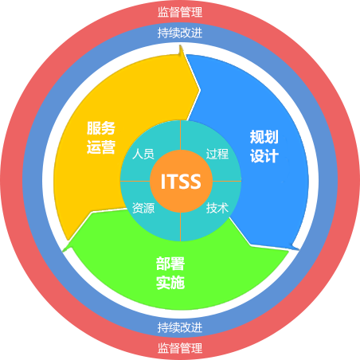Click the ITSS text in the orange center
point(181,182)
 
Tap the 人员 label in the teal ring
point(143,154)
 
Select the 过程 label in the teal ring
point(217,154)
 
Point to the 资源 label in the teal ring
point(143,208)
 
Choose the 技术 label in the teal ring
point(217,208)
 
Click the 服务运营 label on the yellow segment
point(101,138)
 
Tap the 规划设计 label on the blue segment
point(264,147)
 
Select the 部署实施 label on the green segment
point(170,273)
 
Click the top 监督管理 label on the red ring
point(180,12)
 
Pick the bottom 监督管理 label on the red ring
point(180,348)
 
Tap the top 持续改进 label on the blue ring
point(180,33)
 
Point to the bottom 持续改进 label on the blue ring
point(180,327)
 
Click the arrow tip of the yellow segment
point(181,45)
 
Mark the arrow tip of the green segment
point(63,251)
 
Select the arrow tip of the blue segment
point(299,249)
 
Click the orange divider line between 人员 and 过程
point(181,135)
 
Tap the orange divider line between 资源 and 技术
point(181,227)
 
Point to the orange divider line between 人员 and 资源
point(135,182)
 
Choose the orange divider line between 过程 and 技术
point(227,182)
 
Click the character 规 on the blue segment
point(256,137)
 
